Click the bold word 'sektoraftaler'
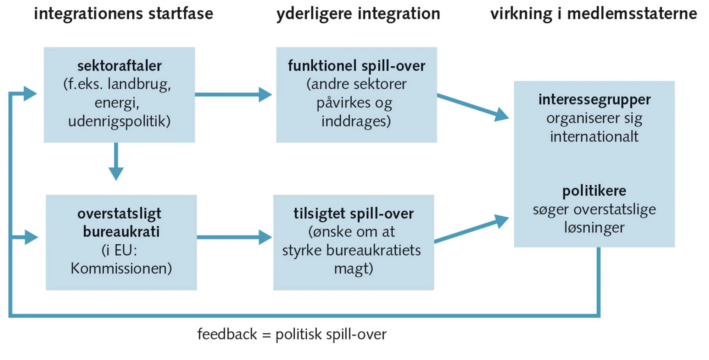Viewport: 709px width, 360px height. [119, 66]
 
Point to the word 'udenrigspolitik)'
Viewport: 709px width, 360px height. [119, 121]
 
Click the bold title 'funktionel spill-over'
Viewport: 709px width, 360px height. [356, 66]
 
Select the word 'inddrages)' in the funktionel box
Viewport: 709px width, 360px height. [356, 121]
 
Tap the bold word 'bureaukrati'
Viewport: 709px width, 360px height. [121, 232]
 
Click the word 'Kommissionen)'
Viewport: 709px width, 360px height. [121, 268]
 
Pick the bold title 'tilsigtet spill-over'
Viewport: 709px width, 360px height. [353, 214]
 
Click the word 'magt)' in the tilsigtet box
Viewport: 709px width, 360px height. [353, 268]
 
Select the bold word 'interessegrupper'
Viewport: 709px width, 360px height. [594, 100]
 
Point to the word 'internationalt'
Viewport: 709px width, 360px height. [594, 137]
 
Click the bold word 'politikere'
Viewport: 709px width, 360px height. [594, 191]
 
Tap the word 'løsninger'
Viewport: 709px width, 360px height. [594, 228]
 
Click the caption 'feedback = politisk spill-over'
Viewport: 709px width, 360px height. [292, 334]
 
